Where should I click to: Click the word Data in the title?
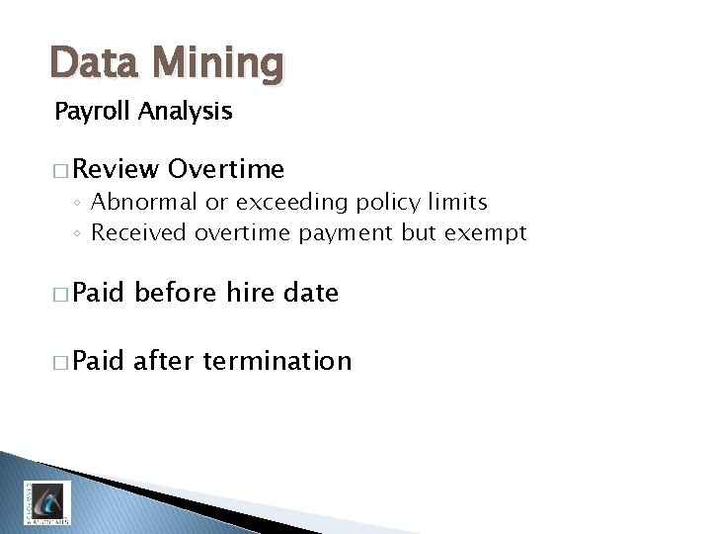tap(94, 63)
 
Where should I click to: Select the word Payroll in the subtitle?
tap(93, 112)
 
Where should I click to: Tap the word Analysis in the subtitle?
tap(186, 112)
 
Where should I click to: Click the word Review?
tap(116, 170)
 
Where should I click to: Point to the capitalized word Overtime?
tap(226, 170)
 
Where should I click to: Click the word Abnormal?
tap(143, 203)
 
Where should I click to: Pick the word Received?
tap(139, 233)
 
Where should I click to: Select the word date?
tap(311, 293)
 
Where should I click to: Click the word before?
tap(175, 293)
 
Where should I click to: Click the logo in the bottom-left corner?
tap(46, 502)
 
